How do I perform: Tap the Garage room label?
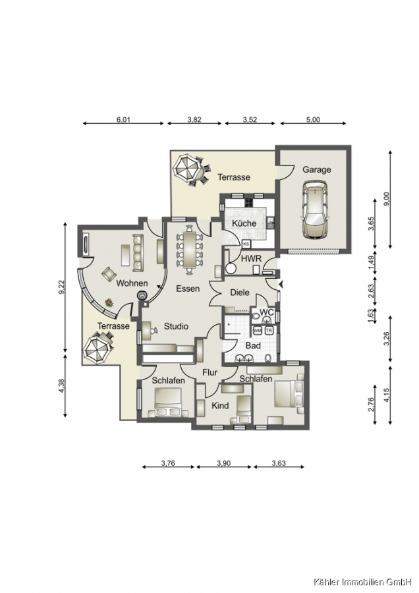pos(316,170)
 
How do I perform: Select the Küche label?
pos(244,223)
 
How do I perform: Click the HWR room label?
pos(251,259)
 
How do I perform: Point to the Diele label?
pos(240,293)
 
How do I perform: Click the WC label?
pos(267,312)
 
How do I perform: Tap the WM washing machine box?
pos(258,330)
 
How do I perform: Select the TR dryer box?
pos(269,330)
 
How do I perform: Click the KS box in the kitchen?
pos(246,244)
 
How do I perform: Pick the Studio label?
pos(176,326)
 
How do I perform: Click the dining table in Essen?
pos(190,250)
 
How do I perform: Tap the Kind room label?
pos(219,406)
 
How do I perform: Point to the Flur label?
pos(209,372)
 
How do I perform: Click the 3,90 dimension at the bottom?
pos(223,463)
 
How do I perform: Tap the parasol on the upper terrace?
pos(186,167)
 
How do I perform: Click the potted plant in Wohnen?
pos(109,302)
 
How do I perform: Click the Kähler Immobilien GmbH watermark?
pos(362,581)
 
